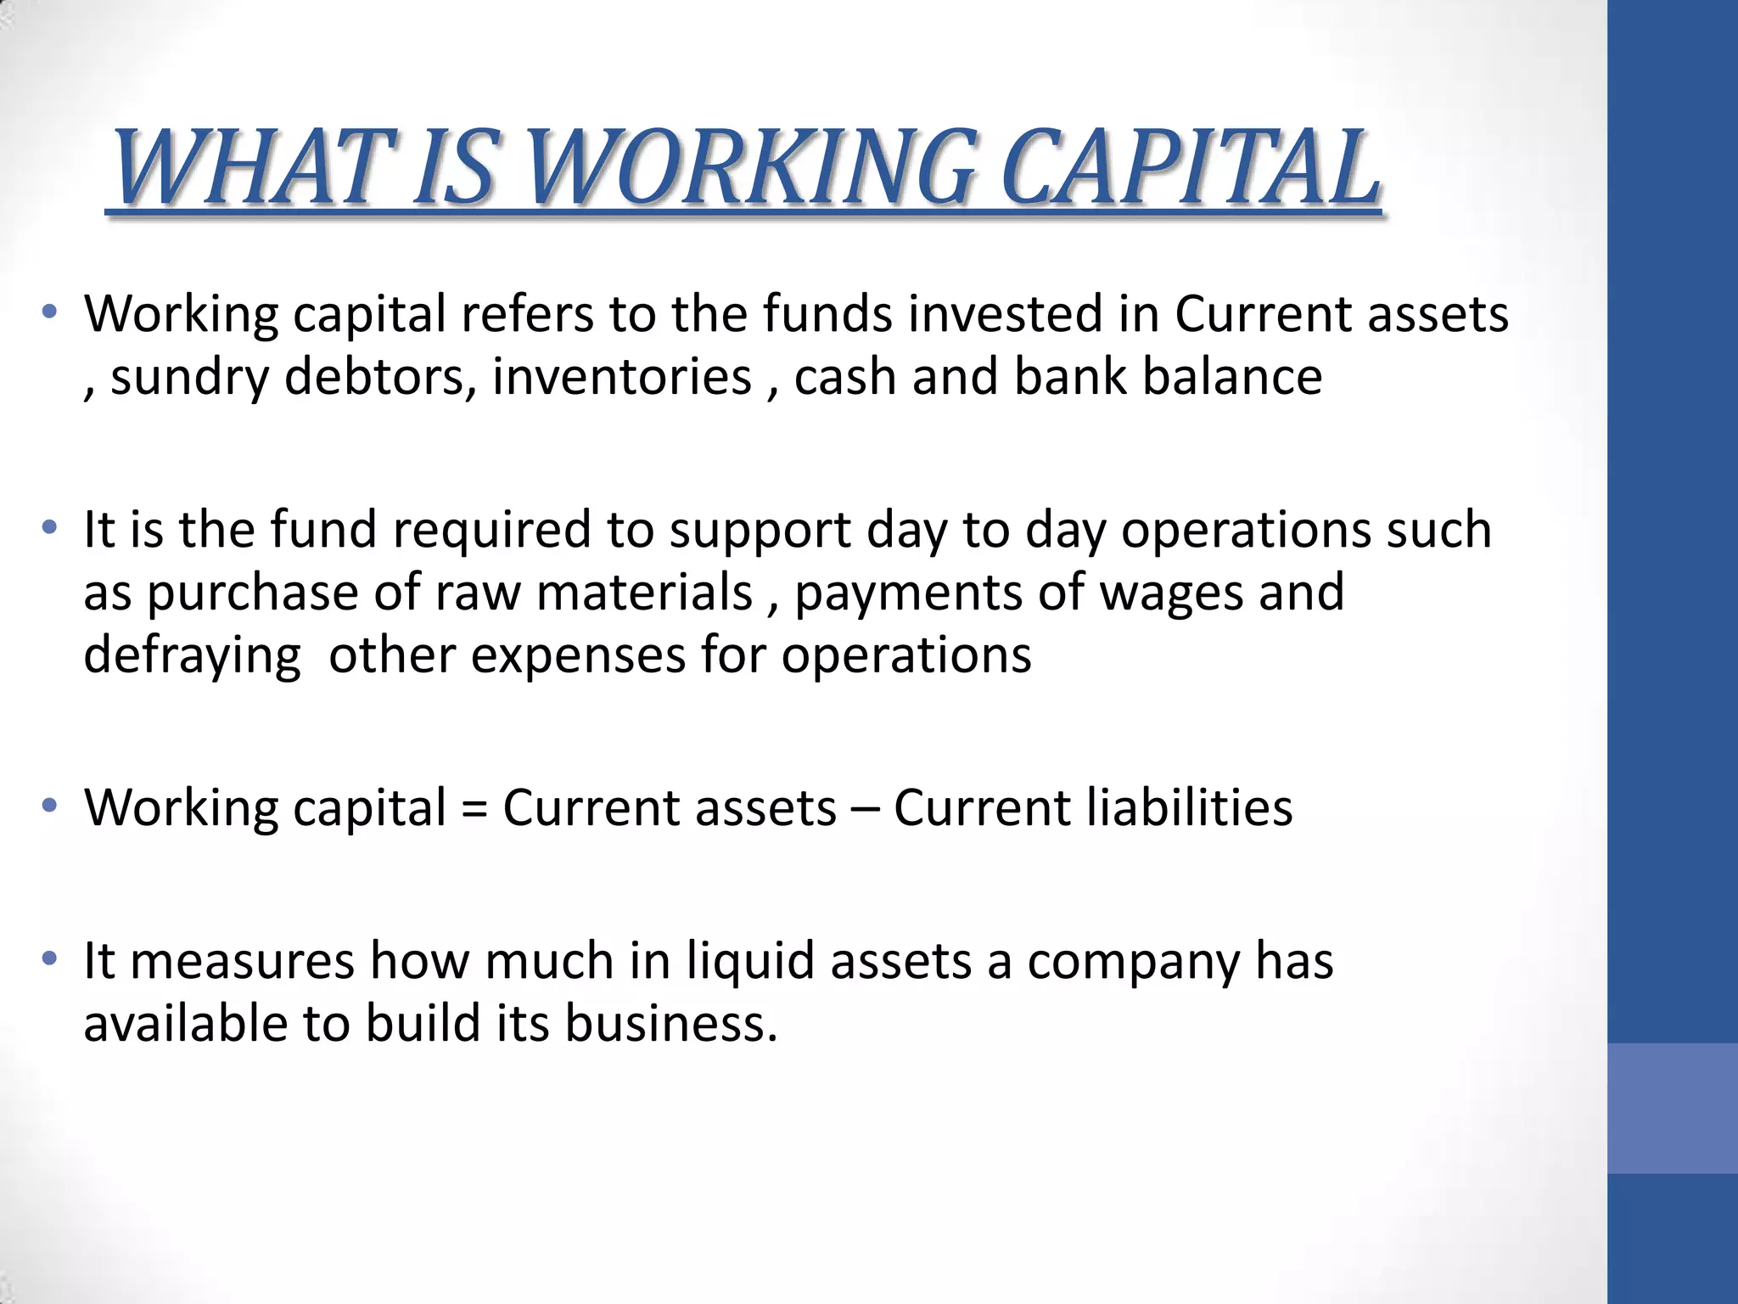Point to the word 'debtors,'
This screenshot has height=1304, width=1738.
pyautogui.click(x=379, y=377)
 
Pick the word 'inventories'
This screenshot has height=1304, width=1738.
pyautogui.click(x=622, y=377)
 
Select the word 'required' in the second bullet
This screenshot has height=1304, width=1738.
pyautogui.click(x=491, y=530)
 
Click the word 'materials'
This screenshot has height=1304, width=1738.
pyautogui.click(x=644, y=592)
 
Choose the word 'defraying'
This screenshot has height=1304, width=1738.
pyautogui.click(x=192, y=655)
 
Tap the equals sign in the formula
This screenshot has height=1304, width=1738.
pyautogui.click(x=474, y=808)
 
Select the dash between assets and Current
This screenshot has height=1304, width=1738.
pyautogui.click(x=865, y=809)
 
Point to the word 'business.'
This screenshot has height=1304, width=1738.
pyautogui.click(x=670, y=1023)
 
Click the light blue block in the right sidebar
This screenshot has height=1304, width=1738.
pyautogui.click(x=1673, y=1108)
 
